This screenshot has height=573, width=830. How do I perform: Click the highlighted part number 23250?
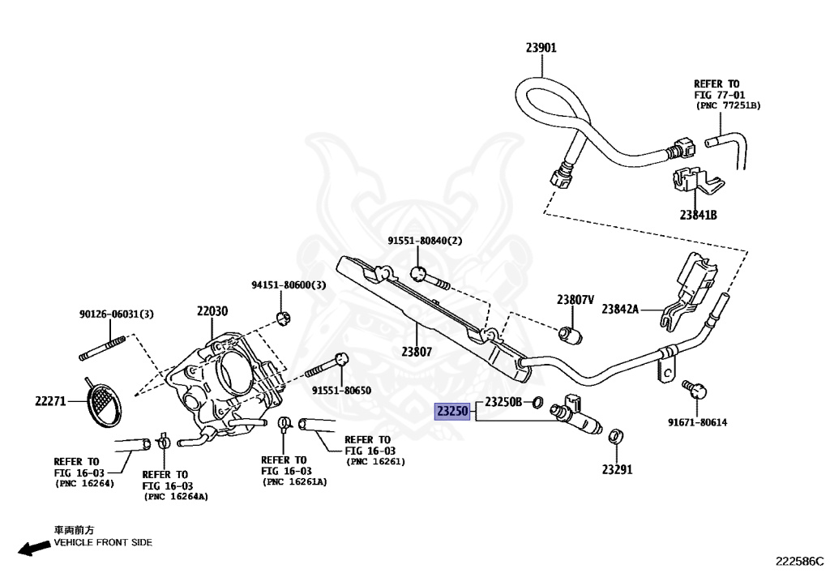(x=452, y=411)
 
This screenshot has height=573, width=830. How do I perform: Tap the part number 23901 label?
(x=541, y=48)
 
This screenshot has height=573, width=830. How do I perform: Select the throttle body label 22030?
(x=212, y=311)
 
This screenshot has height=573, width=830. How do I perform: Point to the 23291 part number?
(x=617, y=469)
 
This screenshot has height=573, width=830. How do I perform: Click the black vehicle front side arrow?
(x=34, y=548)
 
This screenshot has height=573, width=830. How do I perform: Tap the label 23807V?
(x=575, y=300)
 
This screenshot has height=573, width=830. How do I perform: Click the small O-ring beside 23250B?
(x=537, y=403)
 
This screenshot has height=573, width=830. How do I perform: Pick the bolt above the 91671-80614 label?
(x=695, y=389)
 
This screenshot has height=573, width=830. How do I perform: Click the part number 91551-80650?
(x=341, y=391)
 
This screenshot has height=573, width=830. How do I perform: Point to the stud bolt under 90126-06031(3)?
(x=102, y=349)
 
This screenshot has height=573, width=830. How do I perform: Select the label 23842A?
(x=620, y=309)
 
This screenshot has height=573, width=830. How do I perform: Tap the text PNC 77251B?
(x=728, y=106)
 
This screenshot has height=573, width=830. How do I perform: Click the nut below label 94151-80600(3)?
(x=284, y=319)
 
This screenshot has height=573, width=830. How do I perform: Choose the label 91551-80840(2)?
(x=425, y=241)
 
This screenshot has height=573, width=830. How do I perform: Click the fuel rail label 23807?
(x=417, y=352)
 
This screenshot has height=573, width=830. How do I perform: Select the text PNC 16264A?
(x=176, y=497)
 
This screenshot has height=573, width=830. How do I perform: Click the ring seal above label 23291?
(x=615, y=437)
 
